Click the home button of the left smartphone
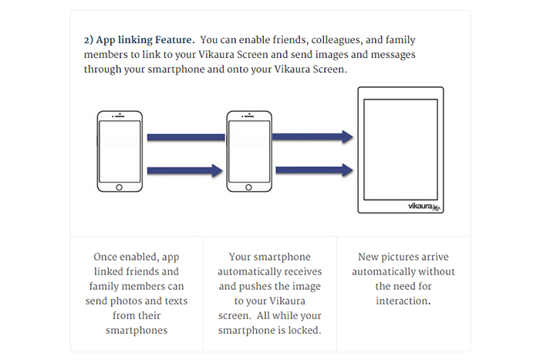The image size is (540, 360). (x=119, y=187)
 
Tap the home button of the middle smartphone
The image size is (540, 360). (x=248, y=187)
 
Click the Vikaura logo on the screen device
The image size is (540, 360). (x=424, y=206)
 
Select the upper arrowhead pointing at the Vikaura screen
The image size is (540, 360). (x=347, y=137)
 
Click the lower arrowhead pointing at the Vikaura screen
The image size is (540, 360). (x=347, y=167)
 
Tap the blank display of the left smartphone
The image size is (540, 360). (x=119, y=151)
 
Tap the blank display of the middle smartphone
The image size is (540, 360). (x=248, y=151)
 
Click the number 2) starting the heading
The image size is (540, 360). (x=89, y=39)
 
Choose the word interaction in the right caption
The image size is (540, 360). (x=403, y=300)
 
